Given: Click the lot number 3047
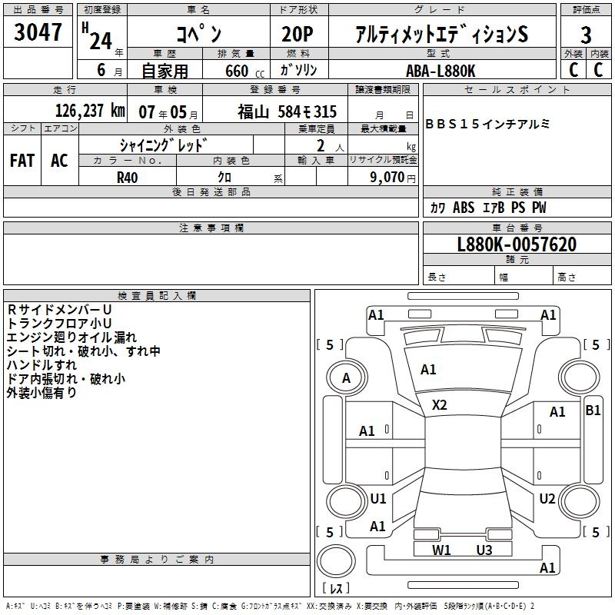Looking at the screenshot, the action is pos(38,32).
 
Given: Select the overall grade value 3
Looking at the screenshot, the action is pos(586,35).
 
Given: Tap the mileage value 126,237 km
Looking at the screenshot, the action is pos(90,111).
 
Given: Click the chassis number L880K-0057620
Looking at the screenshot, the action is pos(517,244).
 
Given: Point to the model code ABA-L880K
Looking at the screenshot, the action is pos(440,71).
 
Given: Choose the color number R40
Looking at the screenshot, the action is pos(128,178).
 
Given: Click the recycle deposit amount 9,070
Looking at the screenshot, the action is pos(387,178).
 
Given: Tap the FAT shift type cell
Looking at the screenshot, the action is pos(22,161).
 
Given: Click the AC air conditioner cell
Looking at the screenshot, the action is pos(59,161).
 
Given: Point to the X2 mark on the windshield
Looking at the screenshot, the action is pos(439,405).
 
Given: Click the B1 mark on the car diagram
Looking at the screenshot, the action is pos(593,411).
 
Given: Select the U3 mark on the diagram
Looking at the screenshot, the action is pos(484,550).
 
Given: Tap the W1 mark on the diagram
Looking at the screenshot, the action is pos(441,550).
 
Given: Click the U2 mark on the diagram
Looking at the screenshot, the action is pos(547,499).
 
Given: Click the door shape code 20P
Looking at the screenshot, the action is pos(298,35).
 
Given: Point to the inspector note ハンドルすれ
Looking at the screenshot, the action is pos(42,365).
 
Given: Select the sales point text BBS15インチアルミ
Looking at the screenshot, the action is pos(487,125).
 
